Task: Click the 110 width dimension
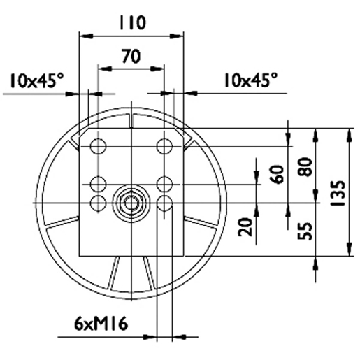(x=131, y=24)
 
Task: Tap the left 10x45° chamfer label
(x=36, y=81)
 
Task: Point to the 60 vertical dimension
(x=278, y=173)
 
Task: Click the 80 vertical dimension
(x=304, y=168)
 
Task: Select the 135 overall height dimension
(x=338, y=192)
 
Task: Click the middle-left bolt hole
(x=98, y=185)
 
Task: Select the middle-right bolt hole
(x=165, y=185)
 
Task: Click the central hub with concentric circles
(x=131, y=202)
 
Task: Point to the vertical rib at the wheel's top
(x=131, y=118)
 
